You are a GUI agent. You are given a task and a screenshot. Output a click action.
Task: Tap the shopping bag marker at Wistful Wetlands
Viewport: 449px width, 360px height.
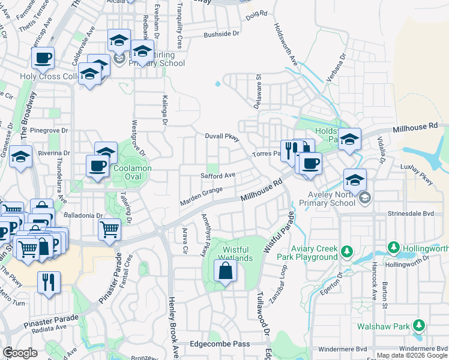coord(225,272)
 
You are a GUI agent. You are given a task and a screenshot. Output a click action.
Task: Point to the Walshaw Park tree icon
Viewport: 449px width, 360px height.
coord(418,326)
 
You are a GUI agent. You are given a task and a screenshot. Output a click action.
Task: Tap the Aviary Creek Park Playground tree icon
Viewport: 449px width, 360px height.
coord(346,250)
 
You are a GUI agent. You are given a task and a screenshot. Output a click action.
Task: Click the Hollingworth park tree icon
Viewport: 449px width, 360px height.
coord(394,247)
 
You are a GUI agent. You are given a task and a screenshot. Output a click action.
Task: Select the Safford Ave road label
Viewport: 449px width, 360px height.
coord(218,176)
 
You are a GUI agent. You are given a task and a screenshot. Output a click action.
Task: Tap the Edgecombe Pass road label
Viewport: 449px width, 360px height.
coord(219,344)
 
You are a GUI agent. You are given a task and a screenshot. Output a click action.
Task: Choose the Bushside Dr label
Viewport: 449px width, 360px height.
coord(221,35)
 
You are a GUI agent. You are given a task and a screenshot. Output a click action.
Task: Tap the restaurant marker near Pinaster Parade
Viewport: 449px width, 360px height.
coord(49,283)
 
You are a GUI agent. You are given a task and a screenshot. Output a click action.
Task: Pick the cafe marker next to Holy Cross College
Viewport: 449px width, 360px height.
coord(43,59)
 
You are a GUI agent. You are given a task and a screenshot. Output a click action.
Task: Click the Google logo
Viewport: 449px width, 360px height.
coord(20,353)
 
